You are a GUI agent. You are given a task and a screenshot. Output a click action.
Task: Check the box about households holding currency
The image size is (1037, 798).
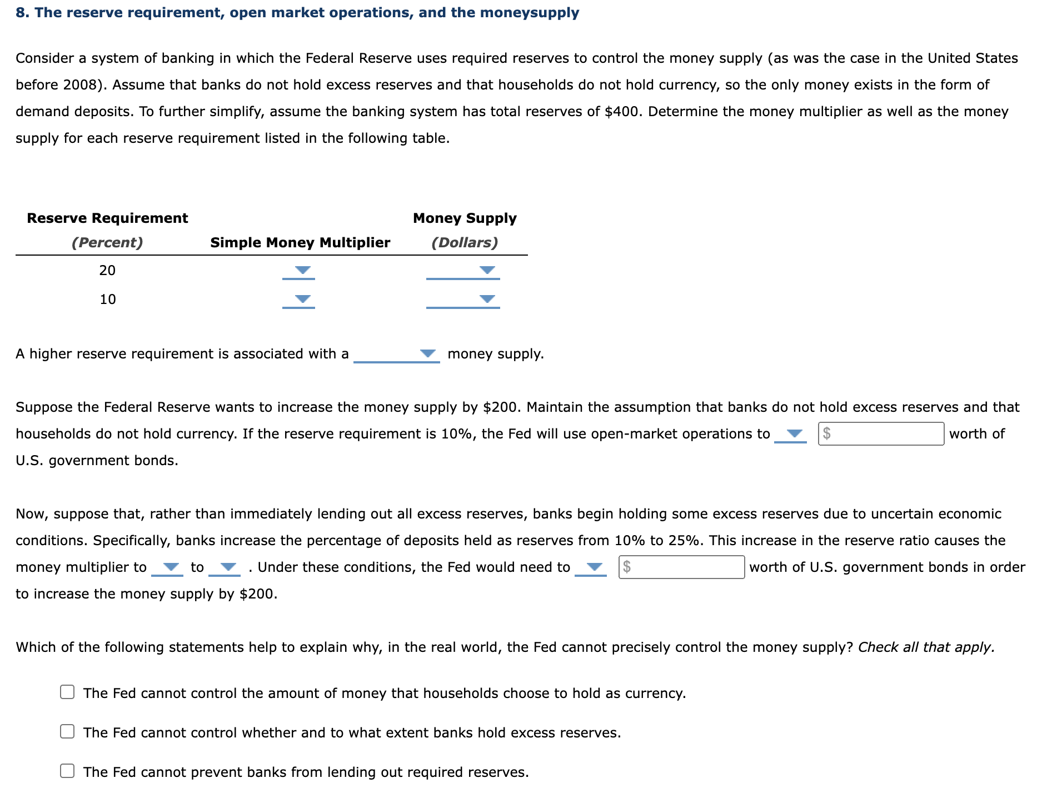pos(67,692)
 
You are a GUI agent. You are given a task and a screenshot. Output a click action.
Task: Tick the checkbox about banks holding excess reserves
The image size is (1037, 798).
pos(67,731)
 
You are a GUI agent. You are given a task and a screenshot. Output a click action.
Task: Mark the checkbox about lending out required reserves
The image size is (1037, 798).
pos(67,771)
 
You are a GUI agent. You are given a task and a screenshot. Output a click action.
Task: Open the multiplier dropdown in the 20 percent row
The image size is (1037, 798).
pos(299,271)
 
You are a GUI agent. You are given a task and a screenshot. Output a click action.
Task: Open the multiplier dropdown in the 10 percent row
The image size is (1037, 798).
pos(299,300)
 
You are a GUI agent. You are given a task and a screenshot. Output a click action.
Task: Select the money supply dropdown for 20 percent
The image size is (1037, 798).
pos(463,271)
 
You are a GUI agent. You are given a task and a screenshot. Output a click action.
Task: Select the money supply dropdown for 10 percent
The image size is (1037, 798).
pos(463,300)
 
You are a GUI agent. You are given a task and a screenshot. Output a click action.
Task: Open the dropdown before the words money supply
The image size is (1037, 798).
pos(397,354)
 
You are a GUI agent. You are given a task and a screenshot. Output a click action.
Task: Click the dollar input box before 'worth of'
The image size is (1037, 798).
pos(881,434)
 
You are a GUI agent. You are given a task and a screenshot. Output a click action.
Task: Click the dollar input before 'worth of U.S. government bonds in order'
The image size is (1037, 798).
pos(682,567)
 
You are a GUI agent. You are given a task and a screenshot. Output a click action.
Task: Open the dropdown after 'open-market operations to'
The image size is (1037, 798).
pos(791,434)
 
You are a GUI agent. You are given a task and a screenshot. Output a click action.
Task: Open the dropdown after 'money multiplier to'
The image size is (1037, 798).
pos(167,567)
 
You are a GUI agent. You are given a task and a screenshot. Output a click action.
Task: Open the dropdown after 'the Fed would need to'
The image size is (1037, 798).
pos(591,567)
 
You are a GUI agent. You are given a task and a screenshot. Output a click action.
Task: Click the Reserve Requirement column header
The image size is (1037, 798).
pos(107,218)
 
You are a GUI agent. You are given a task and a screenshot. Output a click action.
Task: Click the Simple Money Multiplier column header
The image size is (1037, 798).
pos(300,243)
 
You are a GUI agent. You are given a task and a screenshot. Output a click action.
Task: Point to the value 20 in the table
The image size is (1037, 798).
pos(107,271)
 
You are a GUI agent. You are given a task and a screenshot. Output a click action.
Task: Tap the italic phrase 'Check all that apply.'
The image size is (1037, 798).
pos(926,647)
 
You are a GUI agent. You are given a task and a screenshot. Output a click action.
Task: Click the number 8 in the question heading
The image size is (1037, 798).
pos(19,13)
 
